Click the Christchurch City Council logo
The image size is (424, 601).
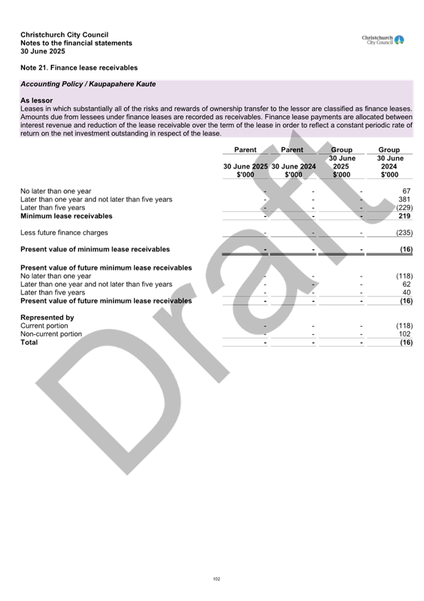(x=383, y=40)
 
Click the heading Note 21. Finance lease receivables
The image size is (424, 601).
(x=79, y=68)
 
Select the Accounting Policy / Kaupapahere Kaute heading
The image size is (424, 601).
(x=88, y=84)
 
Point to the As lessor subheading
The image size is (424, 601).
(x=36, y=101)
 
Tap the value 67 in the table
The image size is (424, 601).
(x=406, y=191)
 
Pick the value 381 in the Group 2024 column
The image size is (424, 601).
(x=404, y=199)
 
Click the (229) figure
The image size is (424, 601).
(x=405, y=208)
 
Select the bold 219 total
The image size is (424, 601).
(x=404, y=216)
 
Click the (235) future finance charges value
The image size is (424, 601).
(x=405, y=233)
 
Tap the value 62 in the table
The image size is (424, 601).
(x=406, y=284)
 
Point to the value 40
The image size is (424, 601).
(x=406, y=293)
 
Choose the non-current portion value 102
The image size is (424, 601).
(x=405, y=334)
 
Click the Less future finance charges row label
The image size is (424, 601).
(x=64, y=233)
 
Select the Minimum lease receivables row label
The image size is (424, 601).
(x=67, y=216)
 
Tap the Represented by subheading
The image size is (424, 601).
(x=48, y=317)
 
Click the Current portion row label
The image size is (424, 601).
(x=45, y=326)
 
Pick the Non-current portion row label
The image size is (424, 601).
(x=52, y=334)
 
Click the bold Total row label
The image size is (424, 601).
(x=29, y=342)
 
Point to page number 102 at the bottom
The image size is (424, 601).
(x=217, y=579)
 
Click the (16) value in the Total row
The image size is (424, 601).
(x=406, y=342)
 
